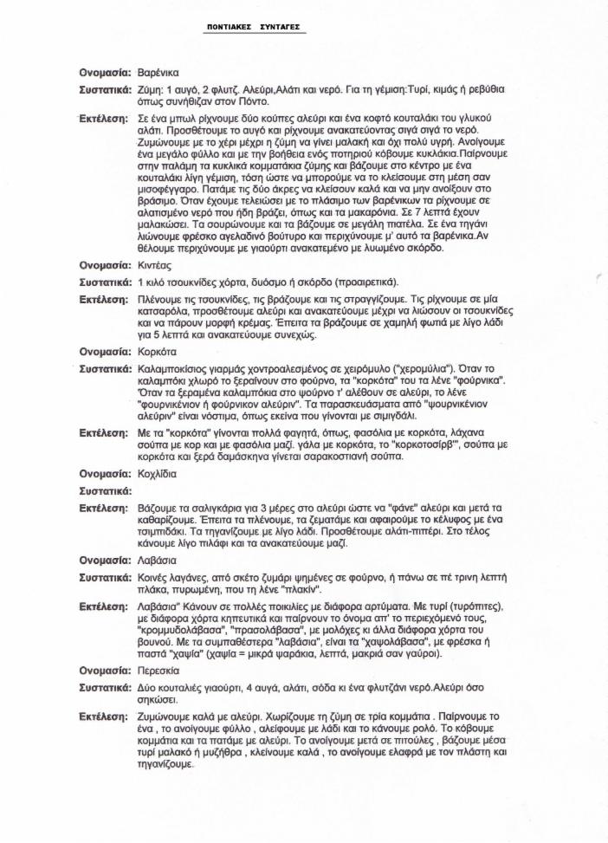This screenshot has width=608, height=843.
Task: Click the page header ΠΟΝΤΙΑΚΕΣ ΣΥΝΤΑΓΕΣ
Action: tap(253, 28)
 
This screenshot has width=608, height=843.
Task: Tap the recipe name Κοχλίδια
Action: tap(158, 474)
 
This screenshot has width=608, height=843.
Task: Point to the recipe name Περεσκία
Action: tap(160, 670)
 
